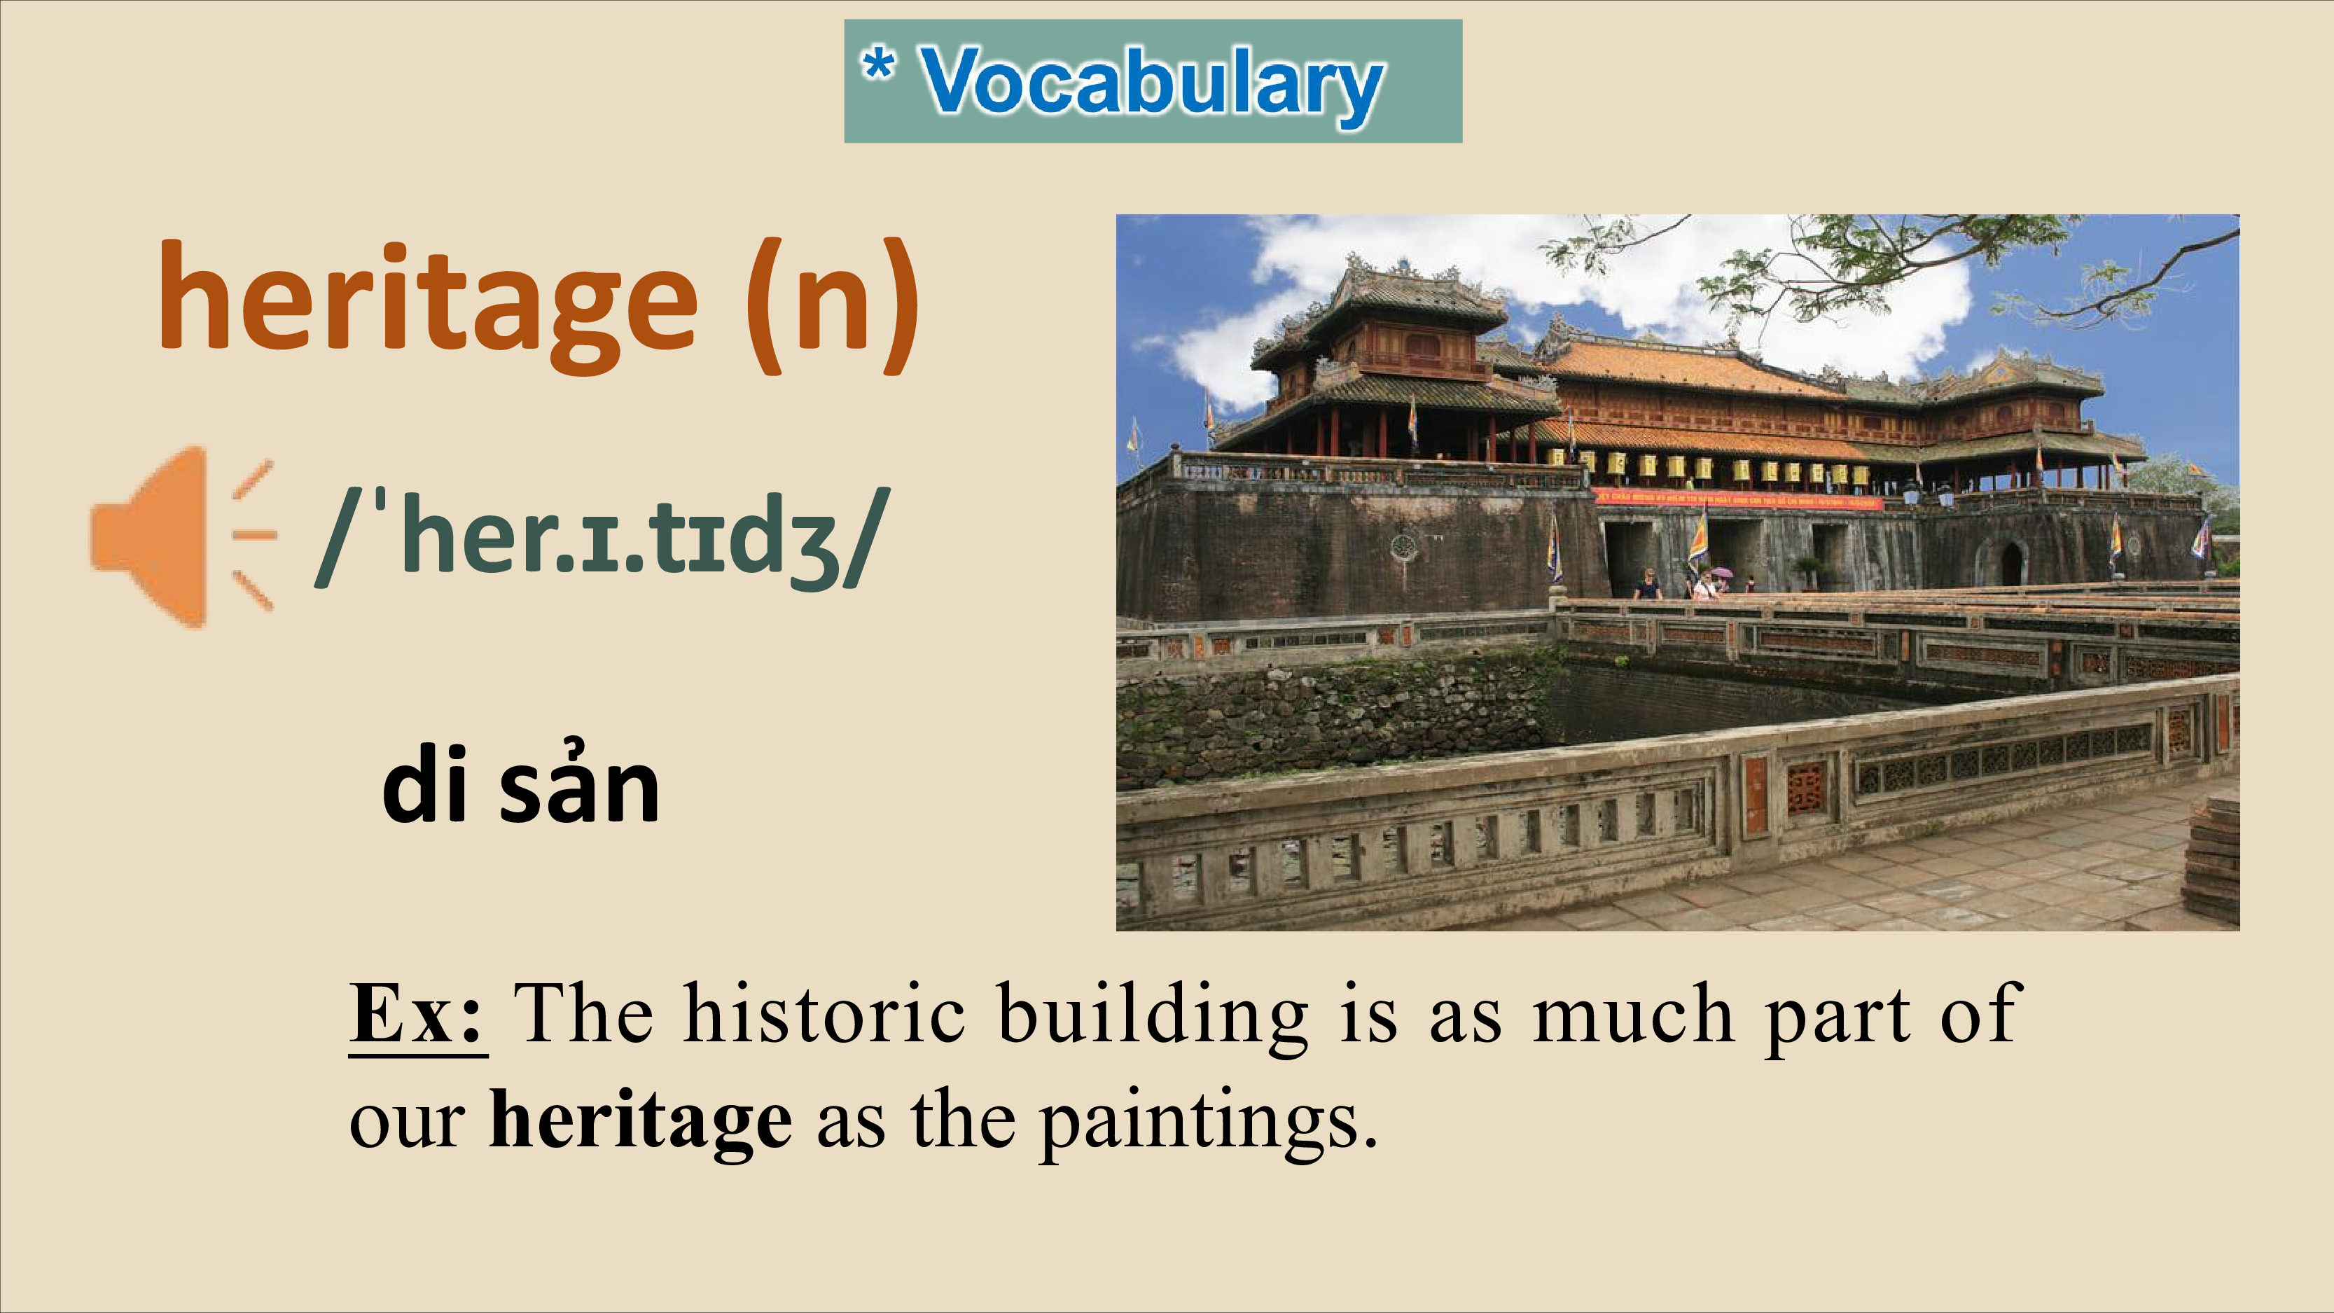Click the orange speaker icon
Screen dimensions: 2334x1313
(x=181, y=536)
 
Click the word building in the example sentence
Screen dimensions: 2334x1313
(x=1153, y=1017)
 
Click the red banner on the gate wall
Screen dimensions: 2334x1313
(x=1738, y=499)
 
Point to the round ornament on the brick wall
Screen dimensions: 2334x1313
(x=1403, y=546)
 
